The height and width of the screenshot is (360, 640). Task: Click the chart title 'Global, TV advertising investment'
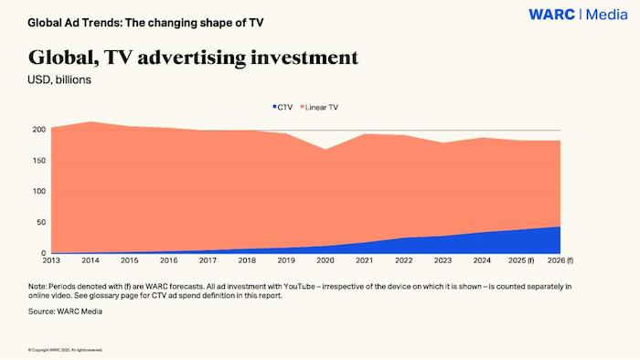[x=193, y=58]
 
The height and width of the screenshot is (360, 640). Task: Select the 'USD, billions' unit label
[x=59, y=79]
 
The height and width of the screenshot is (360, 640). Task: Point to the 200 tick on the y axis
[x=38, y=130]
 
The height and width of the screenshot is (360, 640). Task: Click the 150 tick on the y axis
[x=38, y=161]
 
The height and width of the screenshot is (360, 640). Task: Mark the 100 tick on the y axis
[x=38, y=192]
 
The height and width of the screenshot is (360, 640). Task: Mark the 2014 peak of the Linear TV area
[x=91, y=122]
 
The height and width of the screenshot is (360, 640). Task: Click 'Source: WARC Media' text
[x=66, y=312]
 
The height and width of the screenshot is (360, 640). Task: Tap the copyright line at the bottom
[x=65, y=350]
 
